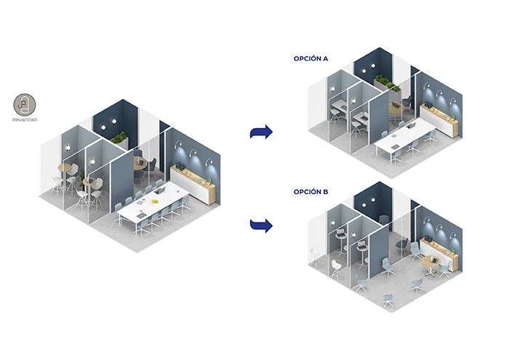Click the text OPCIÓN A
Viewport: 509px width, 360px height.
point(310,58)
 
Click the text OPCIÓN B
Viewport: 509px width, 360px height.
point(310,192)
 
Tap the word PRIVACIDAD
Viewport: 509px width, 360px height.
point(25,120)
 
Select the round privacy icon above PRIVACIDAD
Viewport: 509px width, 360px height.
point(25,105)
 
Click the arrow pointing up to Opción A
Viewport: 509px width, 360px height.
point(261,132)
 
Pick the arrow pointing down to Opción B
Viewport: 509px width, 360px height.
point(261,225)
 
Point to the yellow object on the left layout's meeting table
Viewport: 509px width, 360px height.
point(154,201)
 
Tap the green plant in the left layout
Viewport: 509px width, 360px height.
point(119,137)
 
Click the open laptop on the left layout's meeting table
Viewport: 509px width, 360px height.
point(159,191)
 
